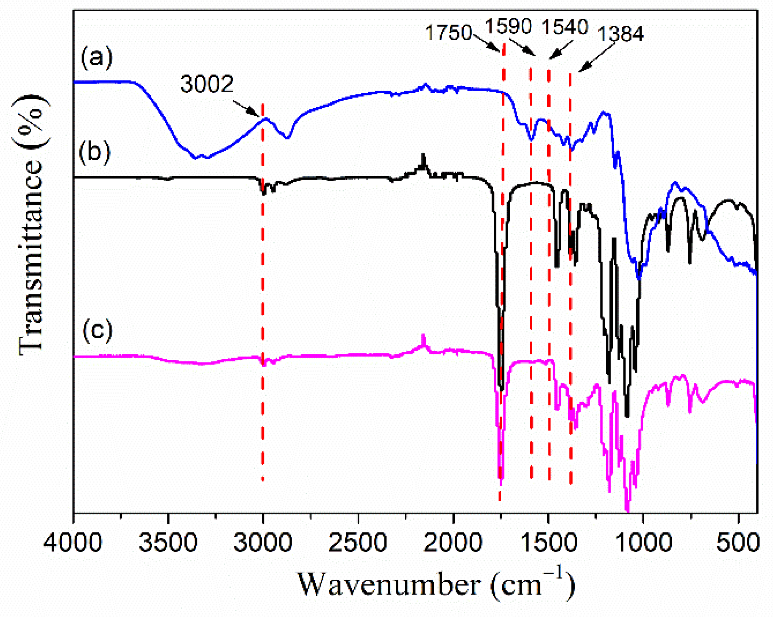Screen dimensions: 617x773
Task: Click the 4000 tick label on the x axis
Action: (x=72, y=543)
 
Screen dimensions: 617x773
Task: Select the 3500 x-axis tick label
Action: (x=168, y=543)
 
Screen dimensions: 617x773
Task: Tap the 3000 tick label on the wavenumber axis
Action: (x=263, y=543)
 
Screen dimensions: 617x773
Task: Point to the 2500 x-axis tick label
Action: (x=358, y=543)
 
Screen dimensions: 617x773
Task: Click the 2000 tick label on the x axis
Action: (x=453, y=543)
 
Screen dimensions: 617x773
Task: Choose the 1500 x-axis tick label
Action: (x=548, y=543)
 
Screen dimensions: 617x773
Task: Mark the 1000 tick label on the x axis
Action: (x=643, y=543)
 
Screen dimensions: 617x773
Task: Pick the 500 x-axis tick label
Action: (x=738, y=543)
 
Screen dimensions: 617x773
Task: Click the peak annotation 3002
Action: (x=207, y=84)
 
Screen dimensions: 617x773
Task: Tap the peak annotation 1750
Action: (x=448, y=33)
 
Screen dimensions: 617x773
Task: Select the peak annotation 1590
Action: (x=508, y=26)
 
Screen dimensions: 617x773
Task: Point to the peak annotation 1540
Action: (x=565, y=27)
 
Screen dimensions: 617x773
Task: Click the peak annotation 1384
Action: (x=620, y=34)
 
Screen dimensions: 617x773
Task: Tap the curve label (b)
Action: (x=95, y=152)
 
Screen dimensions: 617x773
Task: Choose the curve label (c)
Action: (x=97, y=330)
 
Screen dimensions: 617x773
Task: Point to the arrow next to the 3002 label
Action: (x=246, y=108)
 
